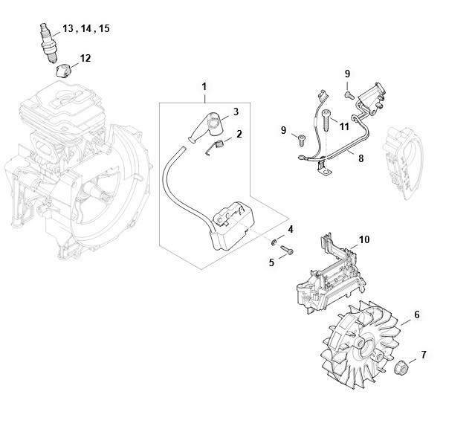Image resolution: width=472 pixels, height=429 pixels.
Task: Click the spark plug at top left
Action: pyautogui.click(x=48, y=42)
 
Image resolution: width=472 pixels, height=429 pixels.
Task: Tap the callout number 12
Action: pyautogui.click(x=85, y=58)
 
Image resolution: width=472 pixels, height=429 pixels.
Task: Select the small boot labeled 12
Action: pyautogui.click(x=63, y=71)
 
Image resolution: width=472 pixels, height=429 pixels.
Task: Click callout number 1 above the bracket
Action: pyautogui.click(x=204, y=87)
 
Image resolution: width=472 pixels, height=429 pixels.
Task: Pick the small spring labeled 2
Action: pyautogui.click(x=215, y=147)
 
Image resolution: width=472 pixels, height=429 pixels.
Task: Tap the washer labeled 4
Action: pyautogui.click(x=274, y=242)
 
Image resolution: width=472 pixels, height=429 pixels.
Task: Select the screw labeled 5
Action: pyautogui.click(x=287, y=250)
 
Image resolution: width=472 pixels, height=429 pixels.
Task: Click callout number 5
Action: pyautogui.click(x=271, y=262)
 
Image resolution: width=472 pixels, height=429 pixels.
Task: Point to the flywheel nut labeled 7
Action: pyautogui.click(x=401, y=367)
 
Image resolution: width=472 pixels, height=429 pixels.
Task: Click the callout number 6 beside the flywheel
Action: pyautogui.click(x=417, y=315)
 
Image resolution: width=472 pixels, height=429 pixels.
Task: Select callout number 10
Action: pyautogui.click(x=364, y=239)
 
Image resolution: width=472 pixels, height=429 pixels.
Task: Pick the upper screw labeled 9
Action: pyautogui.click(x=349, y=95)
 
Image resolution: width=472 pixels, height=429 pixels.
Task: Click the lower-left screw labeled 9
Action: pyautogui.click(x=301, y=141)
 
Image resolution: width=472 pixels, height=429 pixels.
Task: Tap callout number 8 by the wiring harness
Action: pyautogui.click(x=361, y=158)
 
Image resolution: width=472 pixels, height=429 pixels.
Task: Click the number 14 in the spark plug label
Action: pyautogui.click(x=86, y=28)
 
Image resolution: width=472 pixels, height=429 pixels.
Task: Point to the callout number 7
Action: pyautogui.click(x=424, y=355)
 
